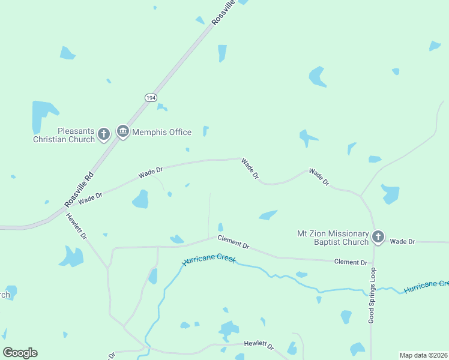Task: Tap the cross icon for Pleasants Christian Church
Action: (104, 134)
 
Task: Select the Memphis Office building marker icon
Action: (123, 132)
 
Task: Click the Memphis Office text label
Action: (161, 132)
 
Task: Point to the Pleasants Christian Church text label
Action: (64, 135)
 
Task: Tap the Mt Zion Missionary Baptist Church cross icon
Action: (378, 237)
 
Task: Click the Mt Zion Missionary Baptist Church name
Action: (333, 238)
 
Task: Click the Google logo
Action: (20, 353)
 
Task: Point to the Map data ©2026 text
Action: (424, 355)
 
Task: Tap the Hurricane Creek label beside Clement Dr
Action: (209, 261)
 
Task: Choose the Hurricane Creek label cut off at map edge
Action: (426, 286)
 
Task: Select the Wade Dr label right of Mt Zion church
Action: (402, 241)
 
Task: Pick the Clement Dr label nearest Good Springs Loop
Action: (351, 262)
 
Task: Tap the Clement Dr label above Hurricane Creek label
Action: (234, 241)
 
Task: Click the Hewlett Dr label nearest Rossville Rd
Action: (77, 227)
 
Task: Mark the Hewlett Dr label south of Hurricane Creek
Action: (259, 345)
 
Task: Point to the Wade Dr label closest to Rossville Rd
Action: (90, 196)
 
